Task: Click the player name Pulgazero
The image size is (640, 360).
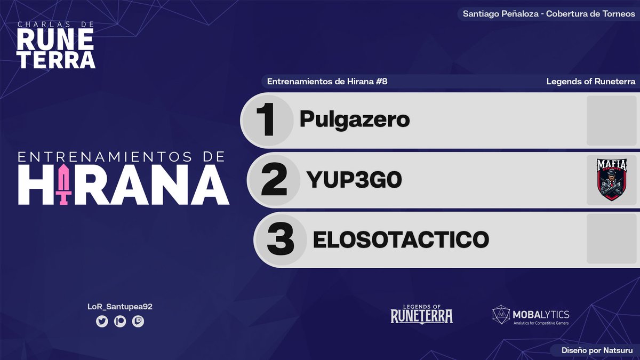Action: pyautogui.click(x=354, y=119)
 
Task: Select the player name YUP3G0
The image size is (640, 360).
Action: pyautogui.click(x=354, y=181)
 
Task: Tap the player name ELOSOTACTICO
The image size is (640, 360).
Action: pyautogui.click(x=401, y=239)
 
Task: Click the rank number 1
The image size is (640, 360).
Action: pyautogui.click(x=266, y=121)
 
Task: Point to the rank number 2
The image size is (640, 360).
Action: pyautogui.click(x=274, y=181)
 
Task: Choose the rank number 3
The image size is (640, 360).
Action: pyautogui.click(x=281, y=241)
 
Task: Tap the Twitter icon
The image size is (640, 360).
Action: pyautogui.click(x=102, y=322)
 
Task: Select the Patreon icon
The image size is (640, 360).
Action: pyautogui.click(x=120, y=322)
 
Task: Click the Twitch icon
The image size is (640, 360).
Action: pyautogui.click(x=138, y=322)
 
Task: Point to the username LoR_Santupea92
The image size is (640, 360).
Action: pyautogui.click(x=119, y=306)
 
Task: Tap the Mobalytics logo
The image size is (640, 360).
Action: pyautogui.click(x=530, y=315)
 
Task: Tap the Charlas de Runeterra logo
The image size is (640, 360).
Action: pyautogui.click(x=56, y=45)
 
